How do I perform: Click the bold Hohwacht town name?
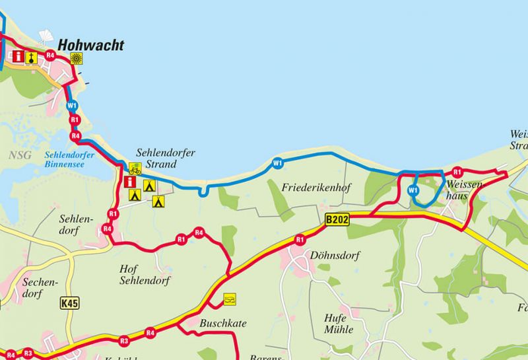click(x=90, y=46)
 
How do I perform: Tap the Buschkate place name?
click(x=222, y=324)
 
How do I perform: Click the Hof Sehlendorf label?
click(x=144, y=274)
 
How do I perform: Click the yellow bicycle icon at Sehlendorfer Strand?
click(x=135, y=168)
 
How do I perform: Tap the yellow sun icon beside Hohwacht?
click(x=77, y=57)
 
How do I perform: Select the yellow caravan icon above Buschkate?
click(x=229, y=299)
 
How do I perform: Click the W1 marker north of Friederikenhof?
click(x=277, y=162)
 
